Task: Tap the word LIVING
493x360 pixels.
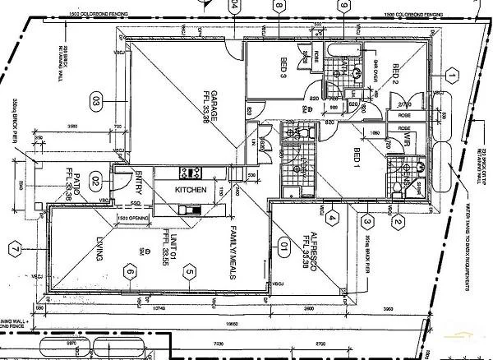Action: pyautogui.click(x=98, y=247)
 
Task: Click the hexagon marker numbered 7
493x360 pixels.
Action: pyautogui.click(x=15, y=247)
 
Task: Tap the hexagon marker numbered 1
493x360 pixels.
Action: pyautogui.click(x=451, y=76)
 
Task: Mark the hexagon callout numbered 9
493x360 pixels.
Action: pyautogui.click(x=342, y=6)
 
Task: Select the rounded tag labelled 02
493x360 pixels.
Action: pyautogui.click(x=95, y=182)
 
